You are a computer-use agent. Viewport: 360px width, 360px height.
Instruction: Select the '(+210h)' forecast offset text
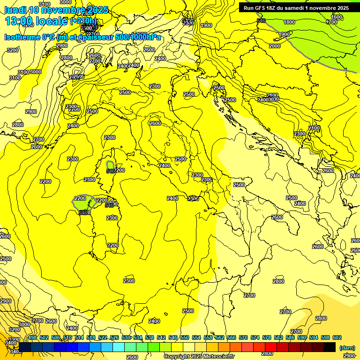(x=83, y=21)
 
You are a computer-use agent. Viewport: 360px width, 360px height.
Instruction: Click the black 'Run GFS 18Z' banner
(x=296, y=7)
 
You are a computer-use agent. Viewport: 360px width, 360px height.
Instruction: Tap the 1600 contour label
(x=337, y=17)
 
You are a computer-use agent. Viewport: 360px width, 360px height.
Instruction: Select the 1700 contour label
(x=331, y=22)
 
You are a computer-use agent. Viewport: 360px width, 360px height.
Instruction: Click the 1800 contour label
(x=289, y=22)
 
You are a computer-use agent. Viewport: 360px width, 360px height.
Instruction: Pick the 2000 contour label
(x=275, y=46)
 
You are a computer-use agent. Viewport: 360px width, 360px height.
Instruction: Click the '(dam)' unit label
(x=346, y=348)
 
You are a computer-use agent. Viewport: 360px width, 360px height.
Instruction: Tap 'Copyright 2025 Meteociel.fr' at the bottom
(x=199, y=357)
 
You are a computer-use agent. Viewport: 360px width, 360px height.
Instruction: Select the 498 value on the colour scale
(x=32, y=337)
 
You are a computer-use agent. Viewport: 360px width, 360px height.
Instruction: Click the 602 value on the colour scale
(x=337, y=337)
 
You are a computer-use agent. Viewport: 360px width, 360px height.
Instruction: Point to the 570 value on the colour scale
(x=243, y=337)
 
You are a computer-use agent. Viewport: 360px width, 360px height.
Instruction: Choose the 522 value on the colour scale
(x=103, y=337)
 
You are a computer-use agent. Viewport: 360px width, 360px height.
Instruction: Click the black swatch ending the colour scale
(x=329, y=347)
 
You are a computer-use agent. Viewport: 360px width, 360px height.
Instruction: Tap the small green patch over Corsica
(x=110, y=165)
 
